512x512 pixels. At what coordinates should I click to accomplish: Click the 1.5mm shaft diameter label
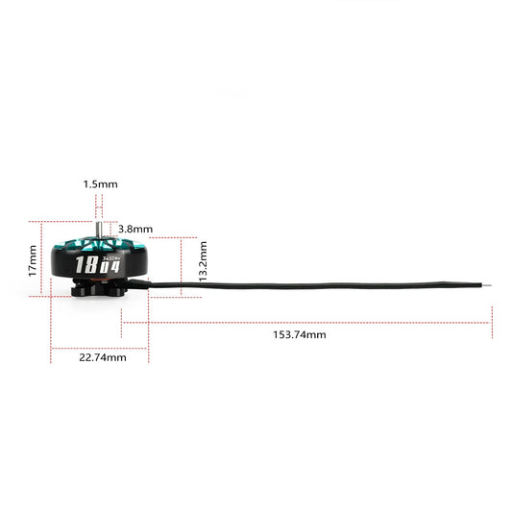click(x=100, y=183)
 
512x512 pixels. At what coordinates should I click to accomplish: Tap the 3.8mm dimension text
click(x=135, y=229)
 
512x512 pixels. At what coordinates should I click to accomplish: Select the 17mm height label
click(x=34, y=259)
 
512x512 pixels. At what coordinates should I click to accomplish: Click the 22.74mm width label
click(x=100, y=356)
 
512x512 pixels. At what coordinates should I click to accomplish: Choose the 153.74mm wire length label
click(x=298, y=334)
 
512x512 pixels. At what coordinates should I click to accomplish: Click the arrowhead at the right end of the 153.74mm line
click(x=490, y=322)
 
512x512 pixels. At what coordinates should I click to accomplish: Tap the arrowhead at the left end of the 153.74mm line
click(x=123, y=322)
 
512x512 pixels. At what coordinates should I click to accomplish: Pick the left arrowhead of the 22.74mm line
click(x=53, y=347)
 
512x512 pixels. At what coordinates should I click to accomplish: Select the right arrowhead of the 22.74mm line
click(x=147, y=347)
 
